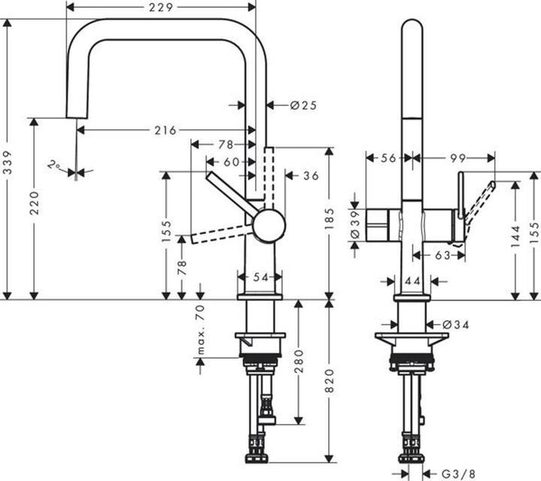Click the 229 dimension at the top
coord(160,8)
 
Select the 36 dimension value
coord(311,176)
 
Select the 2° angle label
coord(53,164)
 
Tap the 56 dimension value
coord(388,158)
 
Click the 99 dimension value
coord(458,158)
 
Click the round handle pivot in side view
coord(268,225)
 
